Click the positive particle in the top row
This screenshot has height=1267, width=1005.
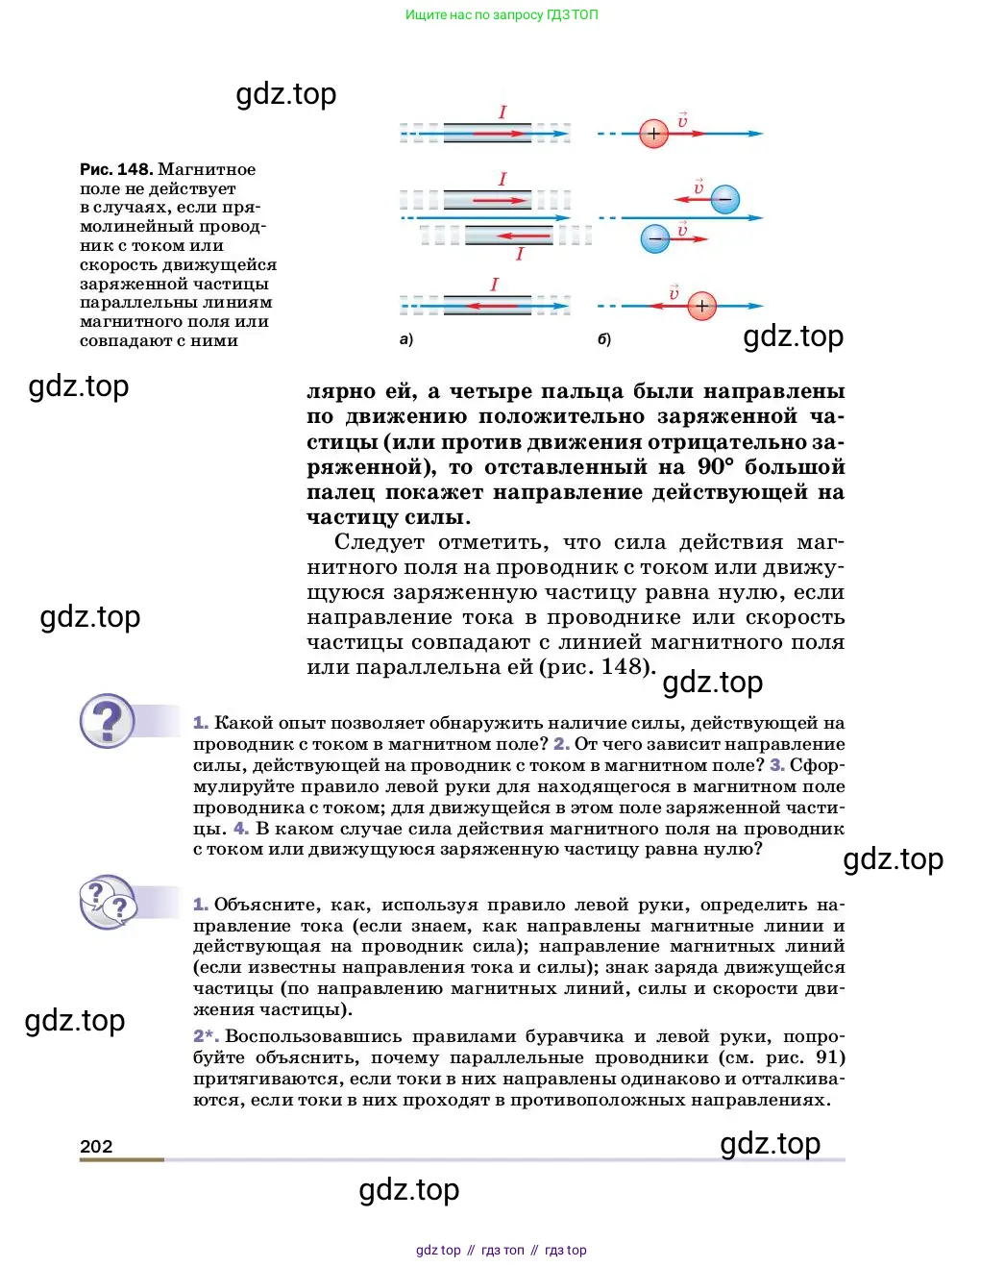point(653,134)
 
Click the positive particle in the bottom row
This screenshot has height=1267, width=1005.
point(702,307)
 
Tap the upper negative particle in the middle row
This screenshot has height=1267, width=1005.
point(725,200)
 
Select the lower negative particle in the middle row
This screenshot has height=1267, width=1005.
point(655,237)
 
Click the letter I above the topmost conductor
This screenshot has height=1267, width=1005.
point(502,112)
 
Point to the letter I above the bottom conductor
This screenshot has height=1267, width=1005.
point(494,285)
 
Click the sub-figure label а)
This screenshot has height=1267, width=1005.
point(405,339)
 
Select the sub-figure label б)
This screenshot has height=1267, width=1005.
point(604,339)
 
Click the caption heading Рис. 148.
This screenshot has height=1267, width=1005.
point(115,169)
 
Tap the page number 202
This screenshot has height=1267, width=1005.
point(96,1146)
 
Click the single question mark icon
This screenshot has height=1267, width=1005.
point(108,721)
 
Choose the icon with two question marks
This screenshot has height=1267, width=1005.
point(108,902)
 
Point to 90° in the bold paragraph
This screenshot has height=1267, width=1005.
point(715,467)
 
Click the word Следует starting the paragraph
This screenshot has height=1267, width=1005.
point(379,542)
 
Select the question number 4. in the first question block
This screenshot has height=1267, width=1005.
point(240,829)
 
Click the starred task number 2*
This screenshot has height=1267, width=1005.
point(206,1036)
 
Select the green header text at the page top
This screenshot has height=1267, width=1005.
point(502,14)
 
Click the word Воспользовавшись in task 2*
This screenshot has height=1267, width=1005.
point(313,1036)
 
